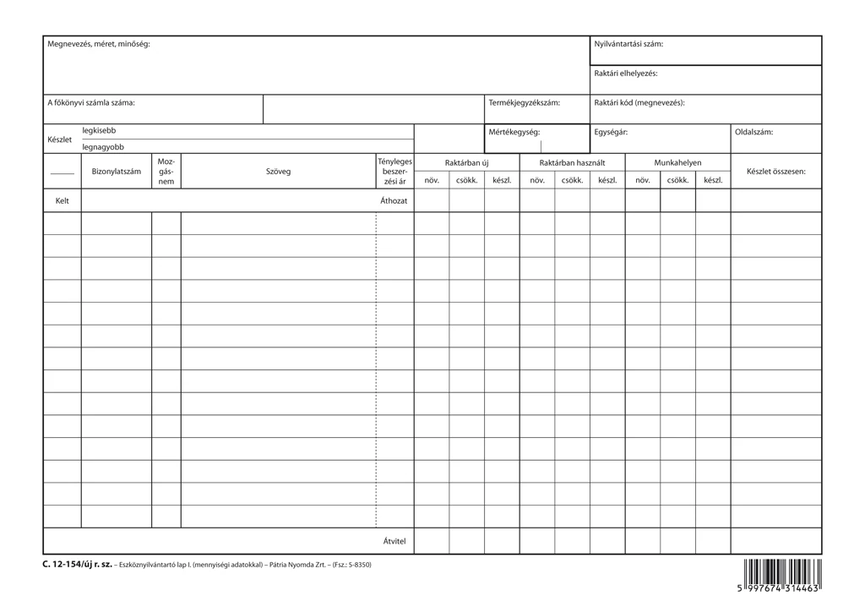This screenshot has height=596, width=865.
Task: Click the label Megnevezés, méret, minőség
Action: pos(98,44)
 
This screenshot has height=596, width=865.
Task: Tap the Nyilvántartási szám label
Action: pos(628,44)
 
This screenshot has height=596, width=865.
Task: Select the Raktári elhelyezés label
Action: pos(626,74)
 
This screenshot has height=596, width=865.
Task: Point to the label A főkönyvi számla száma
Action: pos(90,103)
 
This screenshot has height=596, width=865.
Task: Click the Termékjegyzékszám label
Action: pos(525,103)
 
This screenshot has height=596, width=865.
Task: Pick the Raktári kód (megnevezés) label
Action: pos(639,103)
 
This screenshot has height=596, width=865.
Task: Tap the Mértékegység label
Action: pos(514,133)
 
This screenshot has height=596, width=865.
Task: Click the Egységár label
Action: pos(611,133)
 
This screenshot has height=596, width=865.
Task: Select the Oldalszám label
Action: pos(753,133)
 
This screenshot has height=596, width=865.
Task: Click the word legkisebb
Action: pos(99,131)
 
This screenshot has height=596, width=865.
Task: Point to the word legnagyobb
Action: pos(103,147)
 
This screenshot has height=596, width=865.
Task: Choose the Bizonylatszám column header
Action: pos(117,172)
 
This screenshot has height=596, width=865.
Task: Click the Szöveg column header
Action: pos(278,172)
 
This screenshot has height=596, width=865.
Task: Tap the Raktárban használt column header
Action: pos(572,162)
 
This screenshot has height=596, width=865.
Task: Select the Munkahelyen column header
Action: pos(677,162)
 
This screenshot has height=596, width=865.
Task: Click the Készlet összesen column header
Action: pos(776,172)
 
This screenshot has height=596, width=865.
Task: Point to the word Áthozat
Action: pos(394,201)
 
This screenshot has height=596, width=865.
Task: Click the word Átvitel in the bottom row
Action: pos(394,540)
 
